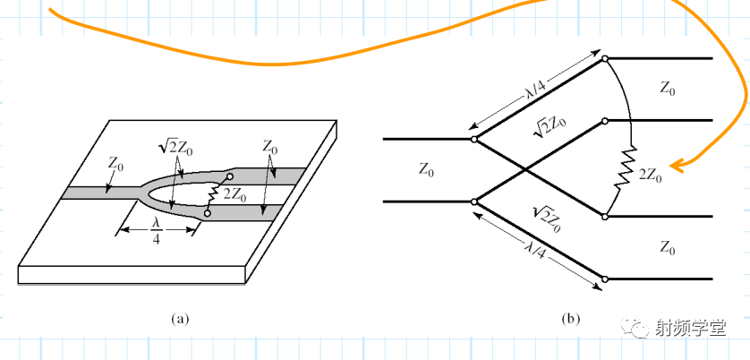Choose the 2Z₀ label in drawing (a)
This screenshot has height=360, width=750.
tap(235, 193)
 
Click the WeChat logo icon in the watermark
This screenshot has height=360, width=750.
tap(642, 328)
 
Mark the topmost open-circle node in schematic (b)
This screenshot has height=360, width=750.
tap(605, 59)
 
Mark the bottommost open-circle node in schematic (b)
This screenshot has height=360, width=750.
tap(605, 279)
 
